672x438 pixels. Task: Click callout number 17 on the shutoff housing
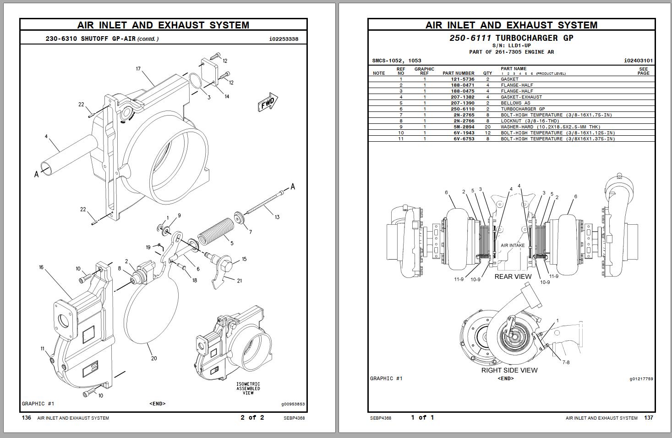(138, 69)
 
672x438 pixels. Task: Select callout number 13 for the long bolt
(277, 217)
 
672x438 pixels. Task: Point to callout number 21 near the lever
(239, 281)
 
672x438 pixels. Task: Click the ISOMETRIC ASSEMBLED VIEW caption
(248, 388)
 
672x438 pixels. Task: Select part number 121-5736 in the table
(462, 79)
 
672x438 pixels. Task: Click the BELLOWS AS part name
(515, 103)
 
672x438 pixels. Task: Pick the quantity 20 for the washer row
(487, 127)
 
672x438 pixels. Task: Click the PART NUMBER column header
(458, 73)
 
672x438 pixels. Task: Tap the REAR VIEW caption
(513, 277)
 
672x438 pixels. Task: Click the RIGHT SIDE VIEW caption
(509, 370)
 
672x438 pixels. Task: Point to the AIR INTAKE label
(513, 245)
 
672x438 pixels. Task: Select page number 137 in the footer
(649, 417)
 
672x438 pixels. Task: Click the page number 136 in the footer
(27, 417)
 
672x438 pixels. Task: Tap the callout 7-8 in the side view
(566, 362)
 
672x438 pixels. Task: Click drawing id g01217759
(641, 379)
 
